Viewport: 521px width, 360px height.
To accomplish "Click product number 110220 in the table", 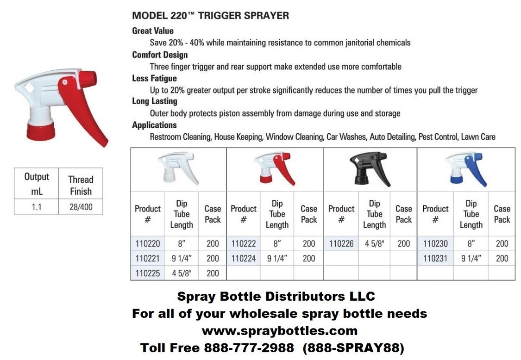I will click(x=148, y=244).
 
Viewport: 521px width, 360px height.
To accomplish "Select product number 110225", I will click(x=148, y=273).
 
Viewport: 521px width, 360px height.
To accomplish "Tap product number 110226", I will click(x=341, y=244).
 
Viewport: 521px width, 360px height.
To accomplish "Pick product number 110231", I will click(x=435, y=259).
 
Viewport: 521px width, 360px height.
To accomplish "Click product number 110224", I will click(x=243, y=259).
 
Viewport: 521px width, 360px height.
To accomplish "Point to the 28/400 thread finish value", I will click(x=81, y=207).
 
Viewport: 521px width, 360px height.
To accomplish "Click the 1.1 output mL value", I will click(x=37, y=207).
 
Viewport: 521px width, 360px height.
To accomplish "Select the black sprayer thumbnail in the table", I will click(x=370, y=169).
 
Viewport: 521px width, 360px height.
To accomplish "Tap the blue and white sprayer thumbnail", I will click(x=467, y=169).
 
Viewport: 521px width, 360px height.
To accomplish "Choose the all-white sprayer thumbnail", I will click(x=178, y=169).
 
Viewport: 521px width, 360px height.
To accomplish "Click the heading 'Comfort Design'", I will click(x=160, y=55).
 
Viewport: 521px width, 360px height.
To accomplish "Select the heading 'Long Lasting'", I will click(x=155, y=101).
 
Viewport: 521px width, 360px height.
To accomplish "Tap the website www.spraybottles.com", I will click(x=279, y=331).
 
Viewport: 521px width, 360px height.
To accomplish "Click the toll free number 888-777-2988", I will click(x=249, y=348).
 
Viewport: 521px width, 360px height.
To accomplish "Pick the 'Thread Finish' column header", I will click(x=81, y=185).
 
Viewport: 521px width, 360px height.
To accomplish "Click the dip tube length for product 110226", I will click(x=375, y=244).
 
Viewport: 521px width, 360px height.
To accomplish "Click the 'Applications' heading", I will click(x=154, y=125).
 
